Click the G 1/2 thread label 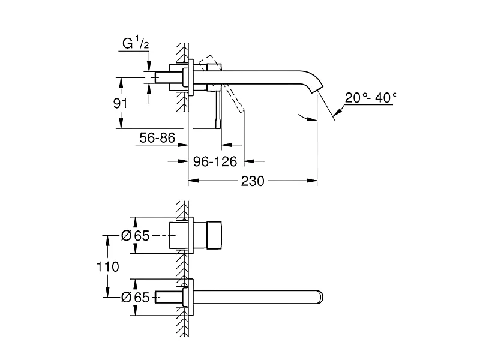tap(136, 43)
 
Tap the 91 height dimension tap(120, 103)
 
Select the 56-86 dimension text tap(157, 138)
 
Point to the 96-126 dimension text tap(215, 161)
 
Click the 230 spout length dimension tap(253, 181)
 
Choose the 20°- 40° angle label tap(370, 98)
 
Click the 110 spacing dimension tap(108, 266)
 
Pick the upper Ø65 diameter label tap(135, 235)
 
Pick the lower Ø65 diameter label tap(135, 297)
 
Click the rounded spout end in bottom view tap(320, 297)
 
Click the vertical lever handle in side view tap(218, 110)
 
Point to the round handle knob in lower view tap(214, 235)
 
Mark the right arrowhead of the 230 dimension tap(312, 181)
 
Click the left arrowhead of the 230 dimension tap(193, 181)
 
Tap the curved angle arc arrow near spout tap(307, 118)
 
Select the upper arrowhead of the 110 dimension tap(107, 241)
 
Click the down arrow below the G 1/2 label tap(149, 66)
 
